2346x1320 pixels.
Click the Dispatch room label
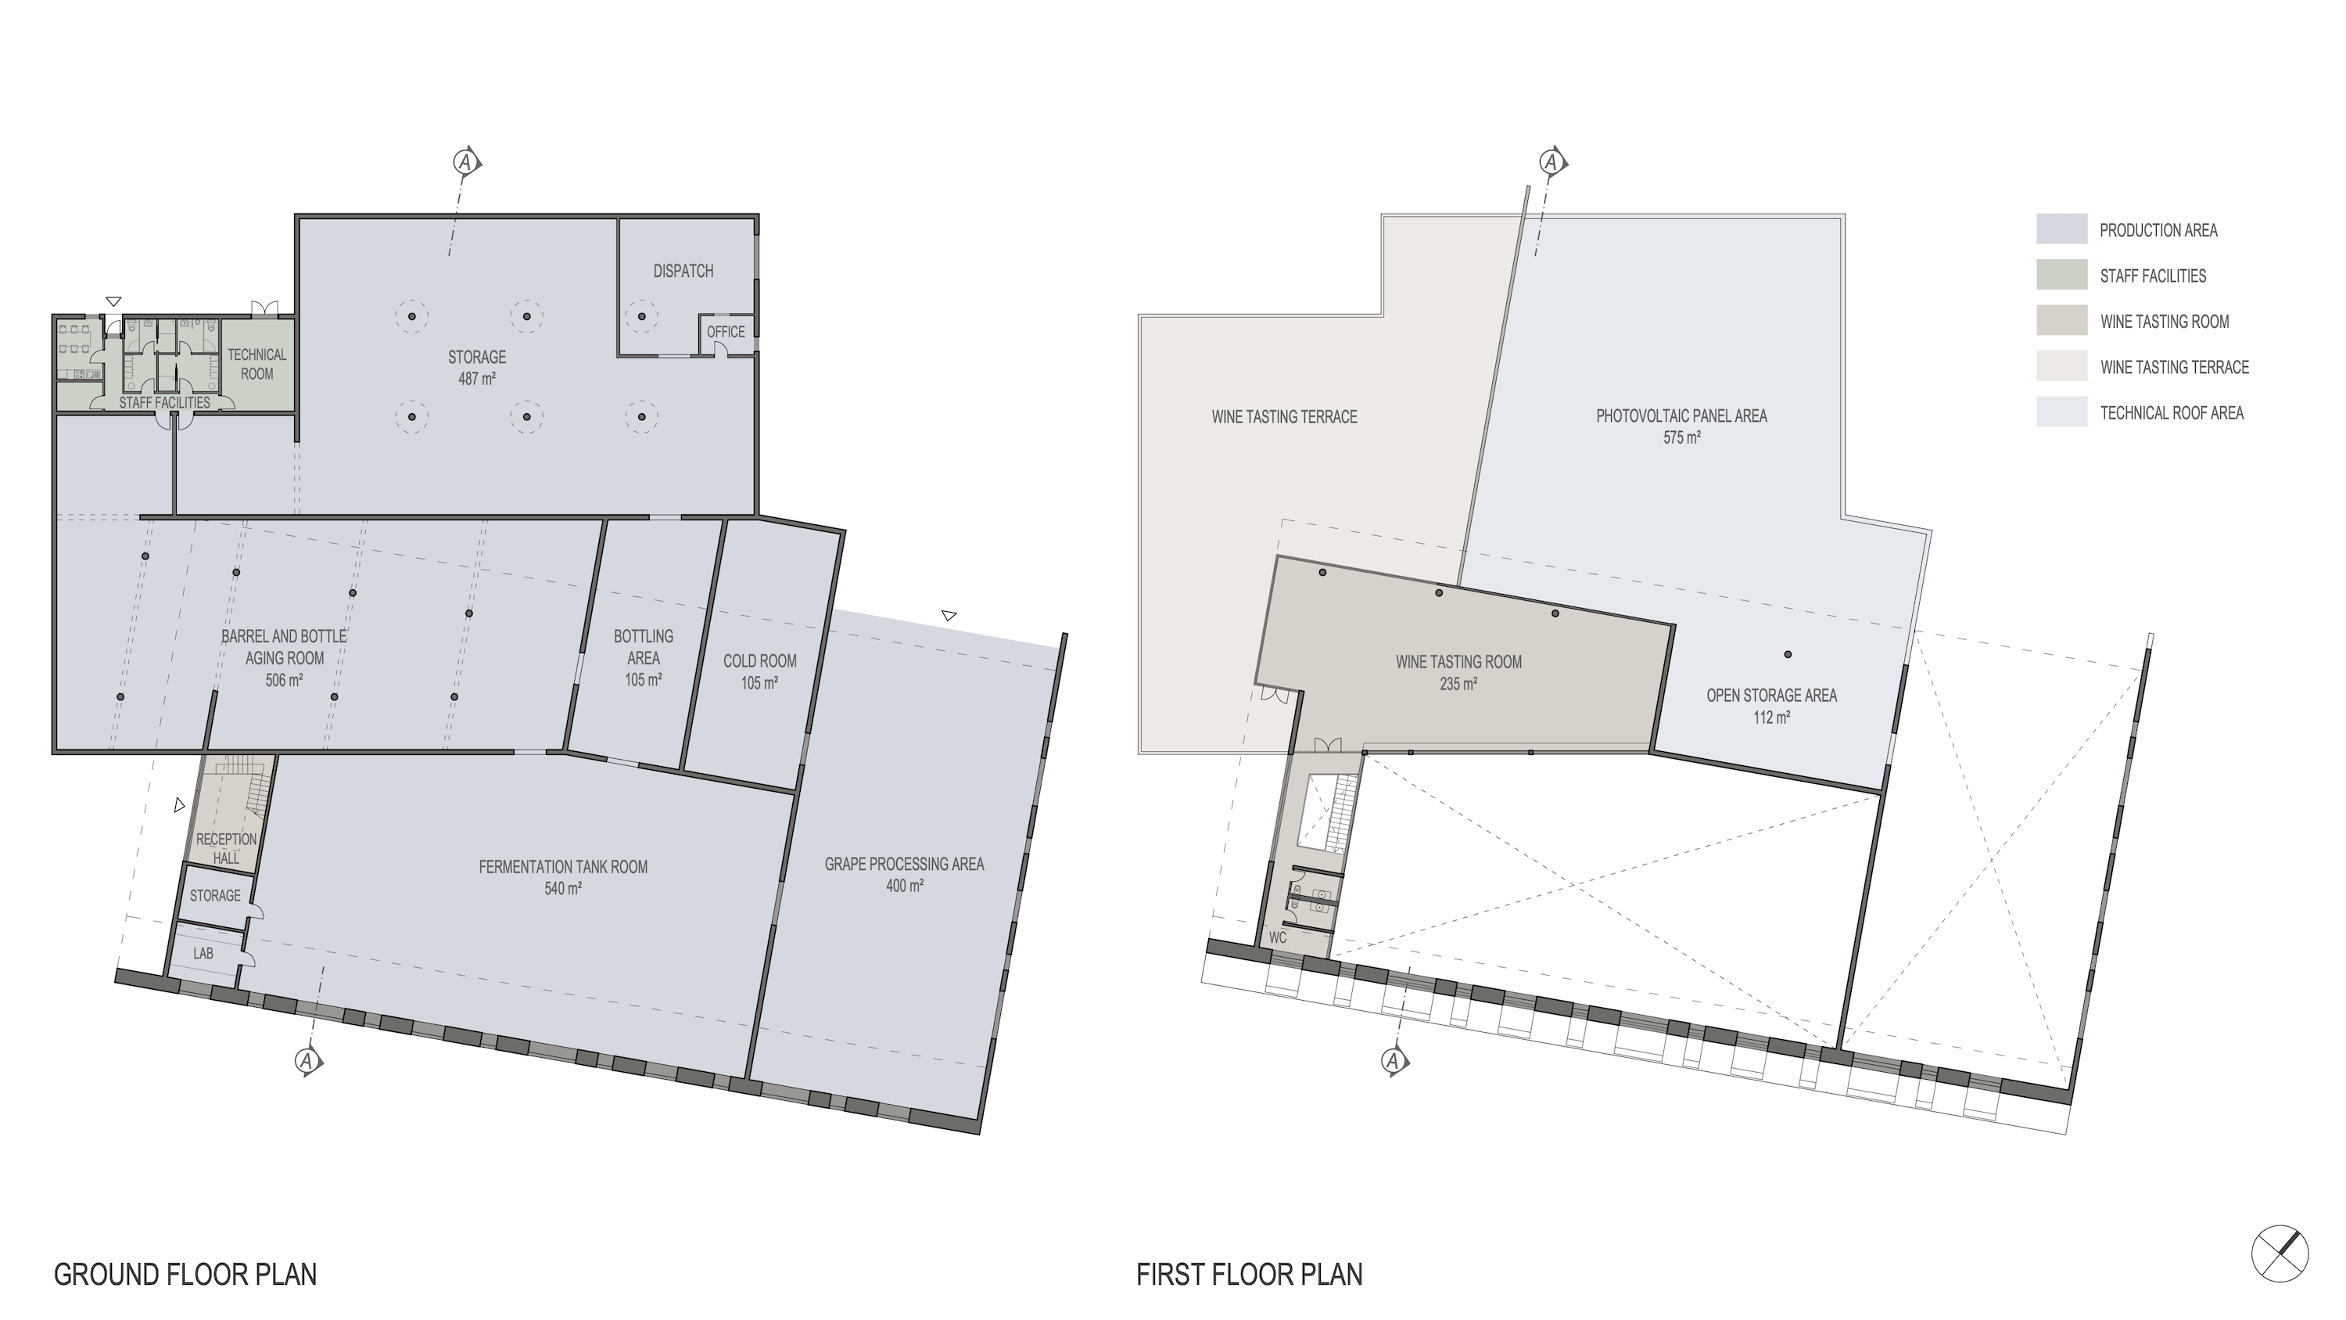pos(683,272)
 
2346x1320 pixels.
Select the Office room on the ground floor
pos(726,333)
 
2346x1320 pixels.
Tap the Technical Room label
pos(256,365)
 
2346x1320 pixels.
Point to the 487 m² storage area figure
pos(476,379)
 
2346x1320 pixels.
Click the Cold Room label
pos(759,661)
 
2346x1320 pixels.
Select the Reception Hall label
pos(226,848)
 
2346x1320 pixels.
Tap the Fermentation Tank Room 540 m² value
pos(563,889)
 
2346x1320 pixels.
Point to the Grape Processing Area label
pos(904,865)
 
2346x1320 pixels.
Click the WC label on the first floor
pos(1277,937)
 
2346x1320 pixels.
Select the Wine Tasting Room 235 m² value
pos(1458,684)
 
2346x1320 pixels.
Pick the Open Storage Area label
pos(1771,696)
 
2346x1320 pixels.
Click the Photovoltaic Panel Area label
pos(1681,416)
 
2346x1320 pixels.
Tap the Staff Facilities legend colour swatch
pos(2062,275)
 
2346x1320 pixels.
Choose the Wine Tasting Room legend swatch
pos(2062,321)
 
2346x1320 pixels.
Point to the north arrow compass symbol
pos(2280,1254)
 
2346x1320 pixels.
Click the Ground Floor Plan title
pos(186,1275)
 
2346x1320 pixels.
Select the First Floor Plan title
pos(1250,1275)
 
